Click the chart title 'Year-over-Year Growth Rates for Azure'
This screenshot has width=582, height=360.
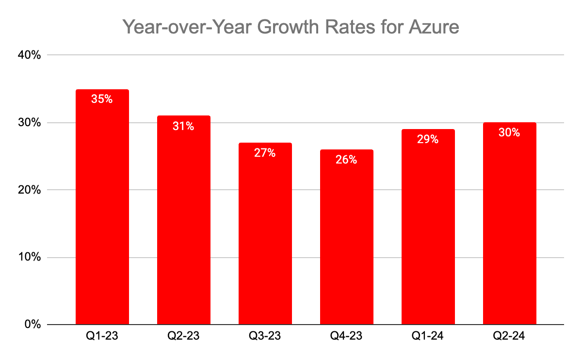291,27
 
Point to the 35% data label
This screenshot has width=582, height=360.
102,99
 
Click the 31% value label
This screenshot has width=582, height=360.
184,126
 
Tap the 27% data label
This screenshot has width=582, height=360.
265,153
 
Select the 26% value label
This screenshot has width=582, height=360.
347,160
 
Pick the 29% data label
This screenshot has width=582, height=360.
428,140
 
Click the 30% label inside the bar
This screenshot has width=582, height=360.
510,132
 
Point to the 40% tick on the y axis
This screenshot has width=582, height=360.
30,55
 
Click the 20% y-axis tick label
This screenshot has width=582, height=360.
30,190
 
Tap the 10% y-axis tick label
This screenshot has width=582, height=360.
30,257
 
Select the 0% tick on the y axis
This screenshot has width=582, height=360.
33,324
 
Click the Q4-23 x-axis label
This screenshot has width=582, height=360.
347,336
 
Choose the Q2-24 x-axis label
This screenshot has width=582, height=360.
510,336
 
